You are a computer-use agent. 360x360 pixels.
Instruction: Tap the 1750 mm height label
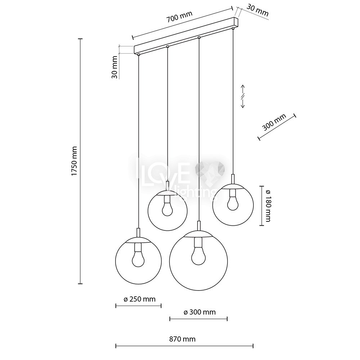tap(74, 161)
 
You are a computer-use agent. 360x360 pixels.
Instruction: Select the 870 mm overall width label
tap(183, 339)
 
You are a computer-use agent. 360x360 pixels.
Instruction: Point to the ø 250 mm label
tap(140, 299)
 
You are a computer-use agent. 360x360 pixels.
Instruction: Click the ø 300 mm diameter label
tap(200, 312)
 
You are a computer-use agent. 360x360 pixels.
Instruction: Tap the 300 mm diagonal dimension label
tap(274, 122)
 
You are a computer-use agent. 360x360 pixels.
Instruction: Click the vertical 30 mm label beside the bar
tap(114, 67)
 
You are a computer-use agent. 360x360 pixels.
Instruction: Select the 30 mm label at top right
tap(257, 10)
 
